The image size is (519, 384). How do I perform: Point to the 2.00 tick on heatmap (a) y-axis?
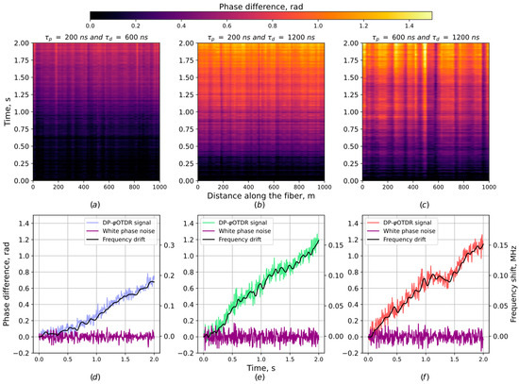[20, 44]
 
